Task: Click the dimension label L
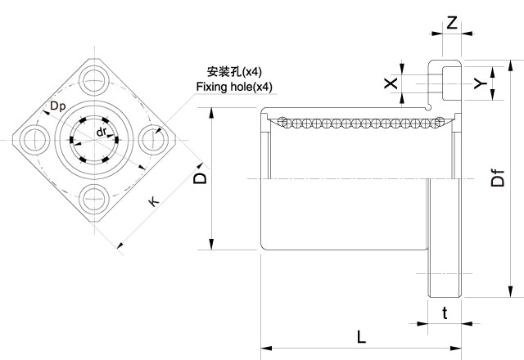[361, 336]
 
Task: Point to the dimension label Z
[452, 24]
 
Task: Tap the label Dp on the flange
[58, 106]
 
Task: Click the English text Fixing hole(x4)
[234, 87]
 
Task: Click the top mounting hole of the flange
[94, 79]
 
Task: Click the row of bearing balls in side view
[360, 122]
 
